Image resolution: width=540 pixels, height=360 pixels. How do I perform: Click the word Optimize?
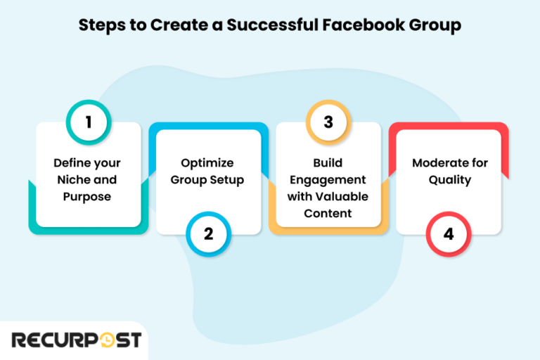point(208,163)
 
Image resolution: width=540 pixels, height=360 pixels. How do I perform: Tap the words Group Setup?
point(208,180)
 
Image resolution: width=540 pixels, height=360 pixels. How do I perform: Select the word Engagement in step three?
point(328,180)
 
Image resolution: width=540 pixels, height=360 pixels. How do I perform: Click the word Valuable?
point(344,197)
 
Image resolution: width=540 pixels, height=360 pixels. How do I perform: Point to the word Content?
point(328,214)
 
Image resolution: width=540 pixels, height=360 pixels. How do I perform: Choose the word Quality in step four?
point(449,180)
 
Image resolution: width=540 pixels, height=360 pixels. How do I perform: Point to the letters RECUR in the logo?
point(49,340)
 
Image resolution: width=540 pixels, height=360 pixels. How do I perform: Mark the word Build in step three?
point(328,163)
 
